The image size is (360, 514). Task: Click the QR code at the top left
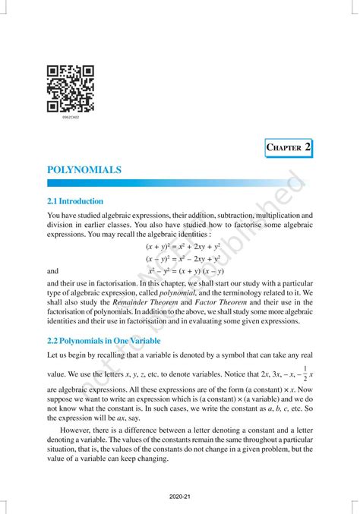[x=70, y=88]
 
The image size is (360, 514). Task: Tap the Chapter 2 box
[x=289, y=146]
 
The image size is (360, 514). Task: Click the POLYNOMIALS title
[x=84, y=170]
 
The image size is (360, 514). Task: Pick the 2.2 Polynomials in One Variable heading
[x=103, y=341]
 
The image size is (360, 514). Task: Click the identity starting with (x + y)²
[x=182, y=247]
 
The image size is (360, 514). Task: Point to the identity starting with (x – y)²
[x=182, y=259]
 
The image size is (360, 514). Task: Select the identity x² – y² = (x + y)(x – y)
[x=186, y=270]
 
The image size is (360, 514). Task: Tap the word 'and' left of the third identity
[x=53, y=271]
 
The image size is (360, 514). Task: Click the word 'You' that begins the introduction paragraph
[x=54, y=216]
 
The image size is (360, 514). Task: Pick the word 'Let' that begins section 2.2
[x=53, y=355]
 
